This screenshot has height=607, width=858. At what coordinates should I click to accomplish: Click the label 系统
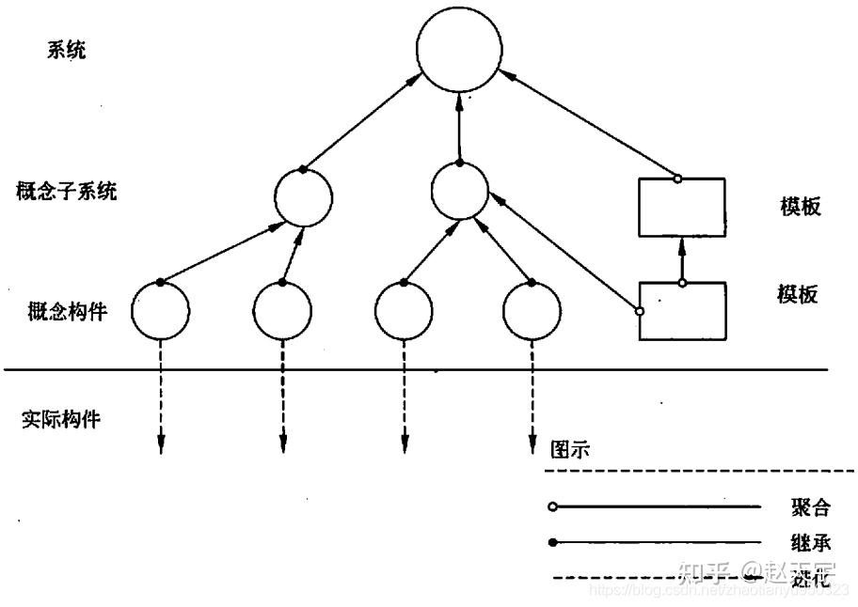(67, 50)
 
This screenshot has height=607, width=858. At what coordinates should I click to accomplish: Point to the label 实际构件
(61, 419)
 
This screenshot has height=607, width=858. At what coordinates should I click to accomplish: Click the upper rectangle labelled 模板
(681, 208)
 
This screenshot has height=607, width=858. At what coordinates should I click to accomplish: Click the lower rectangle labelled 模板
(681, 310)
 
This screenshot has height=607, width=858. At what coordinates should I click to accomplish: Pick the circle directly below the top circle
(459, 192)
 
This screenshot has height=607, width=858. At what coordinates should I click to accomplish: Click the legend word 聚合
(810, 508)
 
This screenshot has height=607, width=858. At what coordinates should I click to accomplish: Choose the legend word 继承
(810, 542)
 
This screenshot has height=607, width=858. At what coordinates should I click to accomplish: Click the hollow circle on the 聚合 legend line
(552, 507)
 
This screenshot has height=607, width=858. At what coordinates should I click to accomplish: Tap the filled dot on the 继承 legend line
(552, 542)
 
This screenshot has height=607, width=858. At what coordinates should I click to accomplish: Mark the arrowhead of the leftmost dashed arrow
(161, 447)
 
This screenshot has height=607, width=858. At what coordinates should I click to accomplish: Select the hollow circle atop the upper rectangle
(677, 179)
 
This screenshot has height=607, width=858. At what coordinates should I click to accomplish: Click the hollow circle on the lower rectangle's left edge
(640, 311)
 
